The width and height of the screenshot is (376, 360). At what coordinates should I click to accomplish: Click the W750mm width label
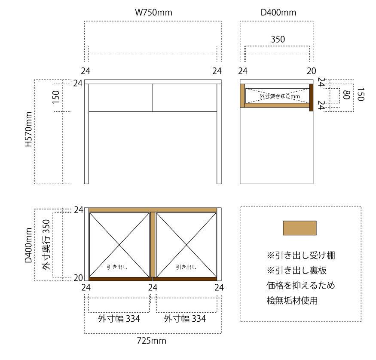tap(153, 13)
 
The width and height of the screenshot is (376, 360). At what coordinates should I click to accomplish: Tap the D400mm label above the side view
tap(278, 13)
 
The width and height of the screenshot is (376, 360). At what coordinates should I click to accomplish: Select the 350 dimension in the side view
tap(278, 40)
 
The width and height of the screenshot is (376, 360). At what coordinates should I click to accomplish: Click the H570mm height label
tap(28, 130)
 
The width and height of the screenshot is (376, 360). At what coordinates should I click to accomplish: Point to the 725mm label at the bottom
tap(151, 341)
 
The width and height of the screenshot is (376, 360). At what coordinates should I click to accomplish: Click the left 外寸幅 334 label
tap(119, 319)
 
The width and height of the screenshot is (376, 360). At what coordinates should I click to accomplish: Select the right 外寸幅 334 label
tap(185, 319)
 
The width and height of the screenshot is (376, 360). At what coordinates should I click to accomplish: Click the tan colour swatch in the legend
tap(300, 228)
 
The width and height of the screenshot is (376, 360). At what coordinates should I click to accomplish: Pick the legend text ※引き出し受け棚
tap(301, 255)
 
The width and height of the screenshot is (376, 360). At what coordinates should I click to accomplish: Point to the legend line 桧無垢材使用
tap(292, 301)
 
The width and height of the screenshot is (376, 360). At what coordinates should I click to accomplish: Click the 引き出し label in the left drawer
tap(117, 267)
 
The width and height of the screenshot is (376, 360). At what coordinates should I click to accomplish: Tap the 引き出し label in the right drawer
tap(186, 267)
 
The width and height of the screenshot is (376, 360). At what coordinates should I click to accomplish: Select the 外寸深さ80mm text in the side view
tap(280, 97)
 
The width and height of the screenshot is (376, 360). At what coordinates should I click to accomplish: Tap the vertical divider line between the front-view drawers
tap(153, 98)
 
